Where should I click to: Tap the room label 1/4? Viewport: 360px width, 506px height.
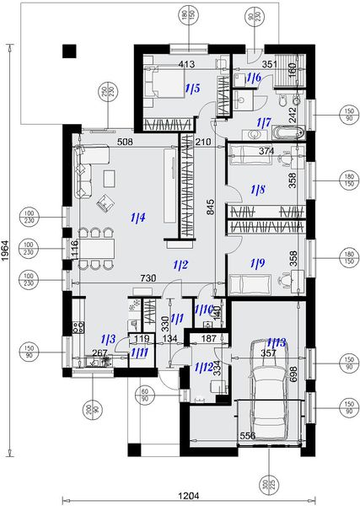click(138, 218)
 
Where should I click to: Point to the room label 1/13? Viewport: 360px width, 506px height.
click(276, 341)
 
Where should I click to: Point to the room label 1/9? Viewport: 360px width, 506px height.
click(257, 263)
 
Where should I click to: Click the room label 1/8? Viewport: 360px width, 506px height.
click(257, 190)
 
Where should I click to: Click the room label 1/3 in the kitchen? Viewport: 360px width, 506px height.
click(107, 336)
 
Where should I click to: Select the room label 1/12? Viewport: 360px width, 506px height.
click(201, 366)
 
